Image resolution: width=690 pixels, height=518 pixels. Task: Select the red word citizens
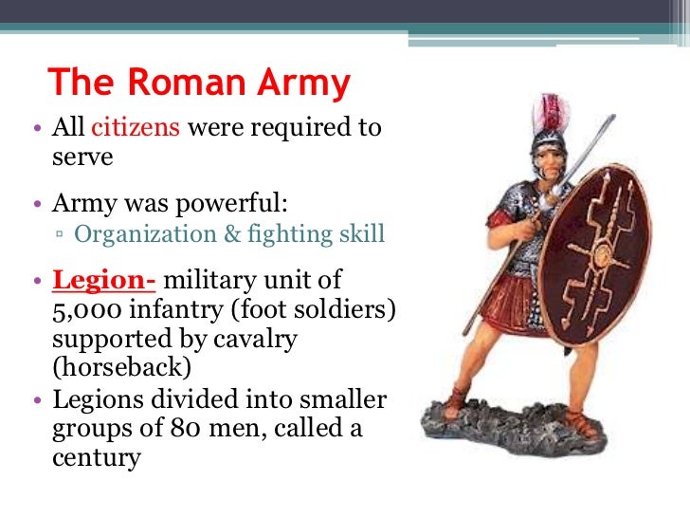(139, 128)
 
